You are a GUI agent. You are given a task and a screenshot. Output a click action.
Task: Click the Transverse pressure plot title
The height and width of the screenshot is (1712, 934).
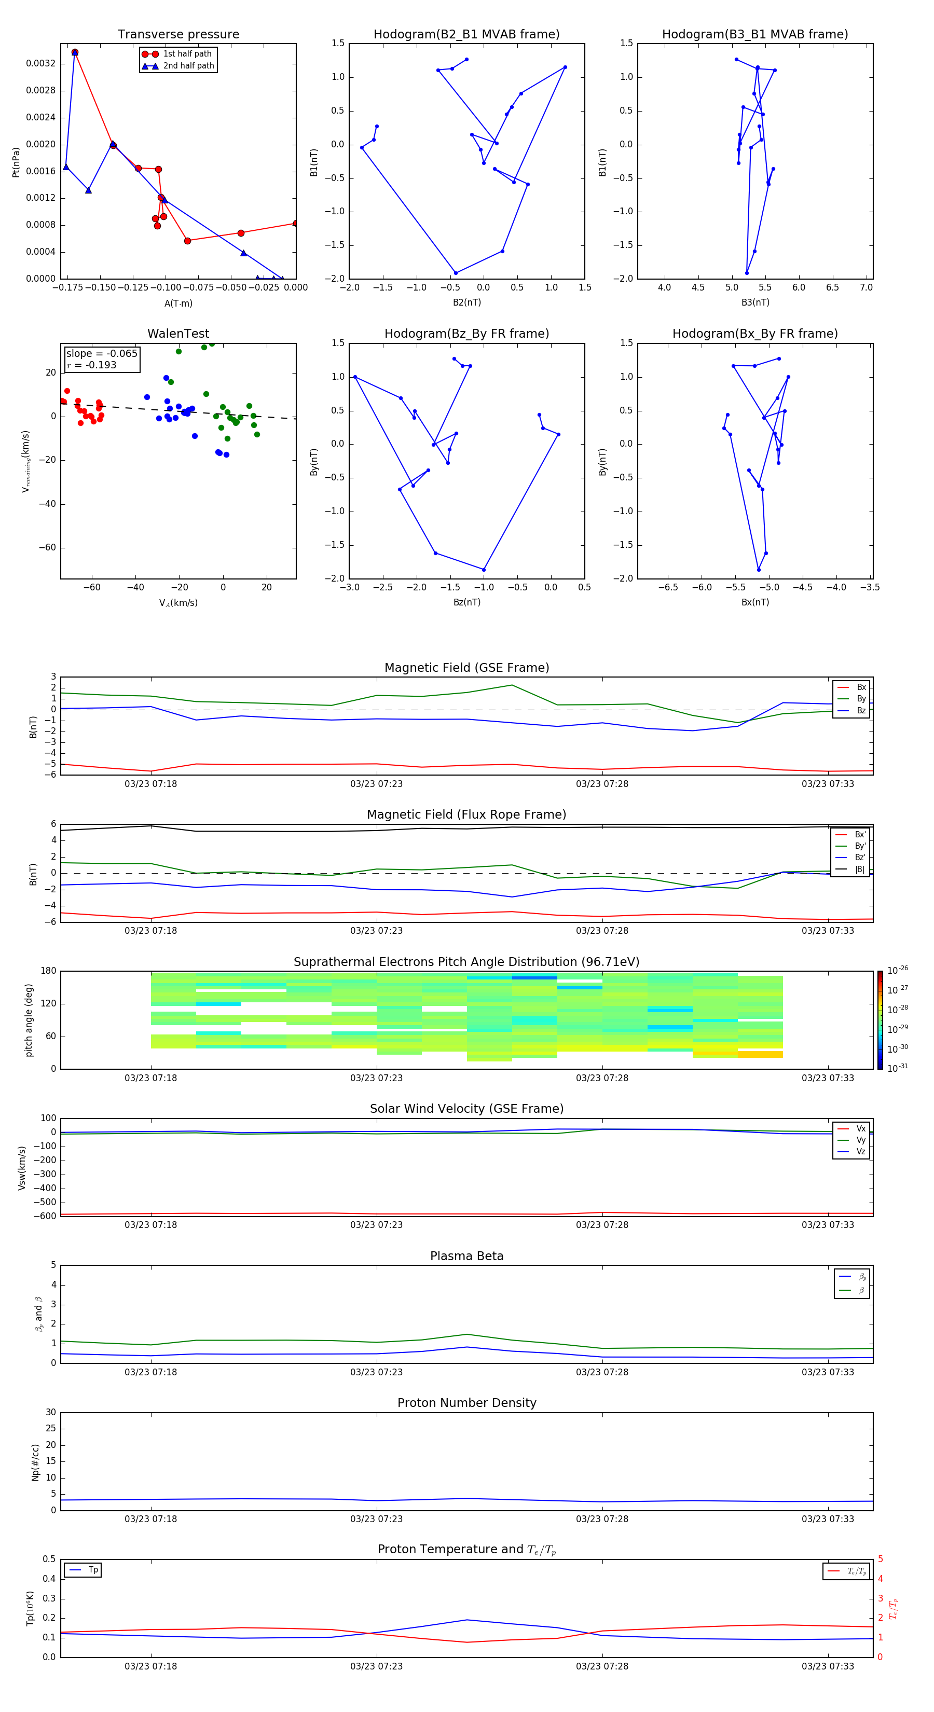[x=178, y=35]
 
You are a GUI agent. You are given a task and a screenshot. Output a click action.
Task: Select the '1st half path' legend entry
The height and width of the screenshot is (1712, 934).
[x=187, y=54]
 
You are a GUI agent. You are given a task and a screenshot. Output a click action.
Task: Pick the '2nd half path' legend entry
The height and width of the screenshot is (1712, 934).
[x=188, y=66]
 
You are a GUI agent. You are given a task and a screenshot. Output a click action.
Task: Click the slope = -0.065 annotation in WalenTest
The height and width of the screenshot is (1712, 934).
[x=102, y=354]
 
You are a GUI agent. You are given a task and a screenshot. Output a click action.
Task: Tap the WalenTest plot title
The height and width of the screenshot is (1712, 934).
[x=178, y=334]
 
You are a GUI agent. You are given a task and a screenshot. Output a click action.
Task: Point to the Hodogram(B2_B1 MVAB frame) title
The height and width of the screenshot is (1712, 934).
[x=466, y=35]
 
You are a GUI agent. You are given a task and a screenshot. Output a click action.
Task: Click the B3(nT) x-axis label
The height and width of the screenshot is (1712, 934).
[x=755, y=302]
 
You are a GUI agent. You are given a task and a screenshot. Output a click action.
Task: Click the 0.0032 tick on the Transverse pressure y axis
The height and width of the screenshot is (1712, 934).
[x=40, y=64]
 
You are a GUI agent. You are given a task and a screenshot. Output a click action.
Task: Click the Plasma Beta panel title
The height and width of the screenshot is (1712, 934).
[x=466, y=1256]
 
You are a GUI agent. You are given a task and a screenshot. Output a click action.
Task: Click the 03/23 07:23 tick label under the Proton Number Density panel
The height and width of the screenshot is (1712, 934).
[x=376, y=1518]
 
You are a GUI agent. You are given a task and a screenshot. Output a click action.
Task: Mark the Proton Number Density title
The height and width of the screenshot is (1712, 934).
[x=466, y=1403]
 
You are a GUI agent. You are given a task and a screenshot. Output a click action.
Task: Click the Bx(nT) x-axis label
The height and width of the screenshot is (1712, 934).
[x=755, y=602]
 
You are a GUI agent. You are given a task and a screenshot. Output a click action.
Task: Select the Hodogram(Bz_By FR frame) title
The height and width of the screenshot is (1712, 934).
[x=466, y=334]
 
